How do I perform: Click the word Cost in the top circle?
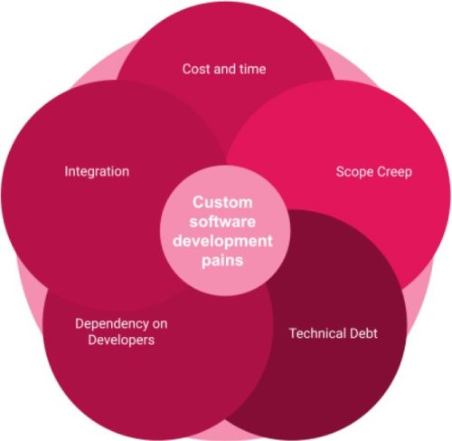196,69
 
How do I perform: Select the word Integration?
97,172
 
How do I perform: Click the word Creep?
394,172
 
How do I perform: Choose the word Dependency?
112,324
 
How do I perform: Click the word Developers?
121,340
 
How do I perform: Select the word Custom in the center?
222,202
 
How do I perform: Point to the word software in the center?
222,222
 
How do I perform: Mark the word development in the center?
222,241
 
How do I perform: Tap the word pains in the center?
222,261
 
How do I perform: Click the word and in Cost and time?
225,69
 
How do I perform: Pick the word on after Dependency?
160,324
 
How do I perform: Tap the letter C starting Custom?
198,202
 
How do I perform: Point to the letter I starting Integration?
66,171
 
